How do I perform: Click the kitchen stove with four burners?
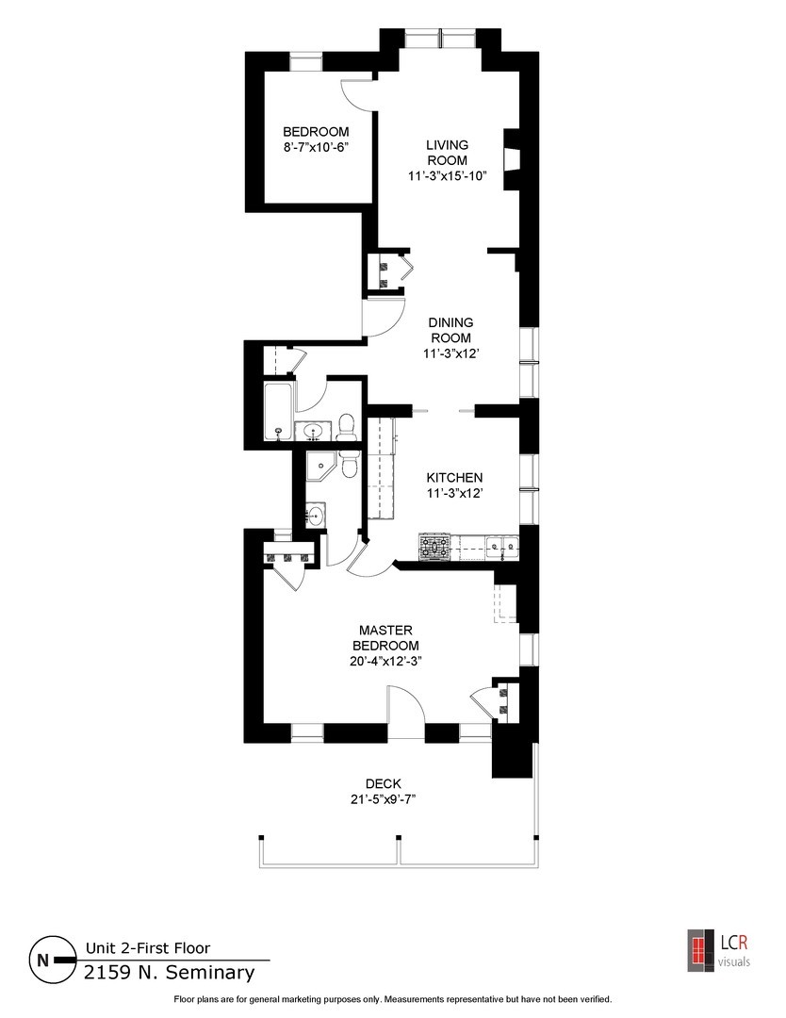[434, 547]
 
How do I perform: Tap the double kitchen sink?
[501, 544]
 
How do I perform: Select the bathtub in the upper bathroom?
[278, 412]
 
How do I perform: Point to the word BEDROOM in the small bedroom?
[317, 132]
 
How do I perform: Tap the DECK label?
[384, 783]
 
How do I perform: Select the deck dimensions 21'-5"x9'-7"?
[384, 799]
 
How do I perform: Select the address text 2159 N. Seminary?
[170, 972]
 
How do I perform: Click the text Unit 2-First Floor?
[148, 948]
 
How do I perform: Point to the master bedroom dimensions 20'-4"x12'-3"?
[385, 661]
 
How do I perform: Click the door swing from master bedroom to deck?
[403, 707]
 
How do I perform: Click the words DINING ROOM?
[450, 330]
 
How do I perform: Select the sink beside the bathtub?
[314, 432]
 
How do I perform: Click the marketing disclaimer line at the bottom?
[393, 999]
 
